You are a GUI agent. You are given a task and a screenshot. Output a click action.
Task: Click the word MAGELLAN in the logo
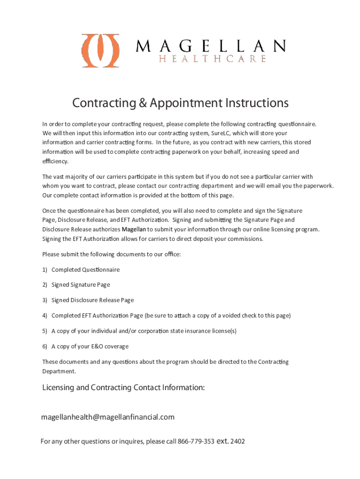(210, 46)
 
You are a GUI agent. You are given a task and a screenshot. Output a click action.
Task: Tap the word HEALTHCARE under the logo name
(213, 59)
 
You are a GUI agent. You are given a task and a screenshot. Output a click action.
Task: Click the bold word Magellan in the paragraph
(134, 229)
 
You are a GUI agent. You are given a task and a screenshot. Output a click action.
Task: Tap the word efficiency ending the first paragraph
(55, 161)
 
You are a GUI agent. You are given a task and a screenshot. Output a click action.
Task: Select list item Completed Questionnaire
(85, 269)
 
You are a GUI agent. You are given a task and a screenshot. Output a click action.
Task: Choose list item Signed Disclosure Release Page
(93, 300)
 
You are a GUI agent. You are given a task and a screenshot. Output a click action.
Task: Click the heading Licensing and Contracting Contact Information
(123, 387)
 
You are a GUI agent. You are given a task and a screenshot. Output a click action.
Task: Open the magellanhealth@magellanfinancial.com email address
(108, 417)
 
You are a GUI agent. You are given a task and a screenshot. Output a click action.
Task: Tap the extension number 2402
(238, 442)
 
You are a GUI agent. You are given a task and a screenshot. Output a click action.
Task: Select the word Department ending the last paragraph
(59, 371)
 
